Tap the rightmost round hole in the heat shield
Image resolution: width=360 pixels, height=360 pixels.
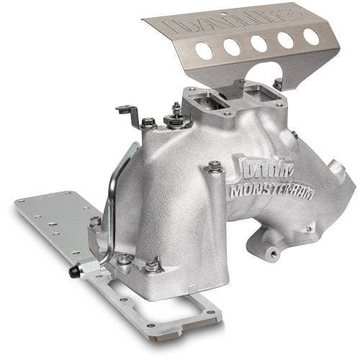(311, 35)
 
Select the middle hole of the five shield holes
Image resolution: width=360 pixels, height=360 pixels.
(257, 42)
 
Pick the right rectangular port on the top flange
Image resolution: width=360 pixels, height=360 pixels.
(255, 91)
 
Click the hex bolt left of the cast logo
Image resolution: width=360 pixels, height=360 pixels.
(214, 168)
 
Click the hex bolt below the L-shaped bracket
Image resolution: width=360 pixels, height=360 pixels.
(148, 123)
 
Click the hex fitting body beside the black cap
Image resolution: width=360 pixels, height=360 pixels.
(83, 268)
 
